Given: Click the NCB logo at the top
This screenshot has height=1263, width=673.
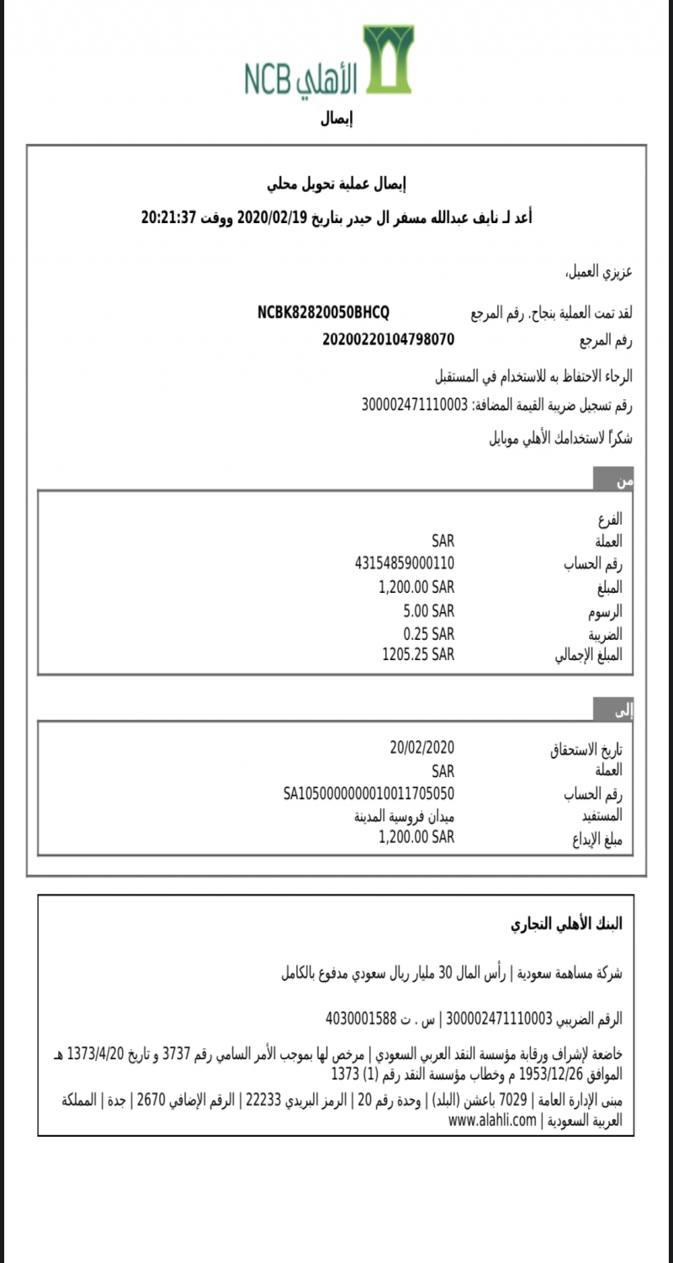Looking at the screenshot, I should click(329, 61).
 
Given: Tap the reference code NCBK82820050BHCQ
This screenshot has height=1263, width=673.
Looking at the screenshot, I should click(323, 313).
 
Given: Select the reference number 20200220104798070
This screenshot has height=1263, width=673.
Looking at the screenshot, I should click(388, 339).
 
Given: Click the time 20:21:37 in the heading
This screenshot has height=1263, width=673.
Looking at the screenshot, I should click(168, 217).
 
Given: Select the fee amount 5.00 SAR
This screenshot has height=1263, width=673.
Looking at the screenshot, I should click(428, 610).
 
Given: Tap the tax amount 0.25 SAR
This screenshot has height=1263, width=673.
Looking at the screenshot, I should click(428, 633).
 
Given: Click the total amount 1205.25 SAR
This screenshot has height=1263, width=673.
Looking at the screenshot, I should click(418, 654).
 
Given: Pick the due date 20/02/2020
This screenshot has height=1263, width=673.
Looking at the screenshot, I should click(421, 747).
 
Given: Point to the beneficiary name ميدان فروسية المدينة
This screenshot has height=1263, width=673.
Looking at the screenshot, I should click(404, 815).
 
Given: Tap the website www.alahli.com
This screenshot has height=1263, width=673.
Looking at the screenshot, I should click(492, 1120).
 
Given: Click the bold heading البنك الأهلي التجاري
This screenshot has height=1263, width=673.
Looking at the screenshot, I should click(566, 924).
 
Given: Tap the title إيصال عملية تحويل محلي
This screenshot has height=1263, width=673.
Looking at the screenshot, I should click(336, 184).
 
